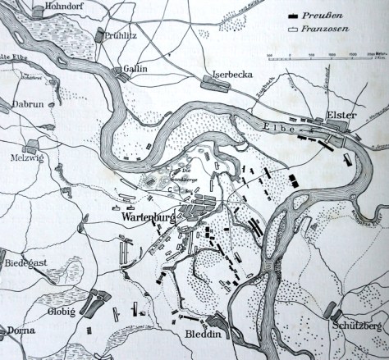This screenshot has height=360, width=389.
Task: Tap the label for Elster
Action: click(341, 116)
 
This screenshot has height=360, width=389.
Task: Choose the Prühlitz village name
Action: click(122, 35)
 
